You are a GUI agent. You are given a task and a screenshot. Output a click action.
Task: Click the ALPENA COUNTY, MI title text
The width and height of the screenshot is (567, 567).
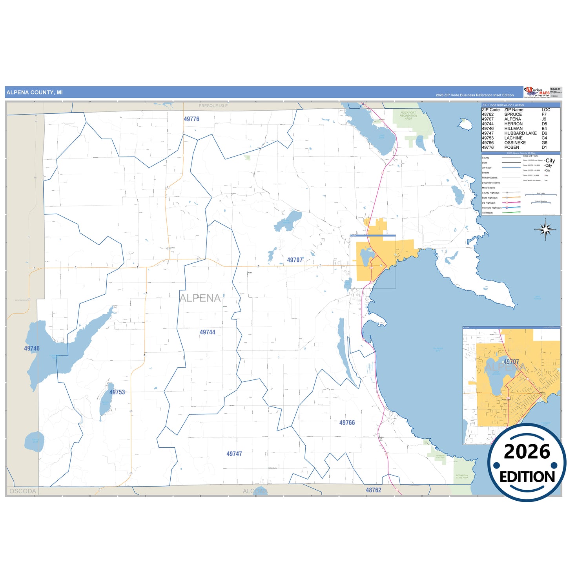pyautogui.click(x=35, y=93)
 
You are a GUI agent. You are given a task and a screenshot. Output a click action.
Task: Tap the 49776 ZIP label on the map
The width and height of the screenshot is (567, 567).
pyautogui.click(x=191, y=119)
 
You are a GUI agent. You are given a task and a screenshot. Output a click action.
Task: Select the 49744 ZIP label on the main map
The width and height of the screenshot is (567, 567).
pyautogui.click(x=207, y=332)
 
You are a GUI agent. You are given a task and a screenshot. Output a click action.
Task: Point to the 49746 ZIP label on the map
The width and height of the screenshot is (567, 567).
pyautogui.click(x=32, y=348)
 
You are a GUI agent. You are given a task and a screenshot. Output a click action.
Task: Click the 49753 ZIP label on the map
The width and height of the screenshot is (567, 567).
pyautogui.click(x=117, y=392)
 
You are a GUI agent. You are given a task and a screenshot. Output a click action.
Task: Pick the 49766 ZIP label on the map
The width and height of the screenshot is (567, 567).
pyautogui.click(x=347, y=423)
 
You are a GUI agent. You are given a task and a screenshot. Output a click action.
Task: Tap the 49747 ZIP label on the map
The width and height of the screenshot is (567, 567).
pyautogui.click(x=234, y=454)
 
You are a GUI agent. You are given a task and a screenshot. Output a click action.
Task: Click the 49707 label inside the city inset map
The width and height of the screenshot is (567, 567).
pyautogui.click(x=511, y=361)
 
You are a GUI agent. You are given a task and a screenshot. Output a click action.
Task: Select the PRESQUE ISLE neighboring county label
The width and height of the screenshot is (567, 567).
pyautogui.click(x=213, y=106)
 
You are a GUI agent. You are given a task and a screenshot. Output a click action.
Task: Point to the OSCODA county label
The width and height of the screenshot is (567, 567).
pyautogui.click(x=23, y=491)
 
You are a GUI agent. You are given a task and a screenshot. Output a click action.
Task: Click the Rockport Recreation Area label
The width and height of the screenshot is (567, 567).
pyautogui.click(x=408, y=115)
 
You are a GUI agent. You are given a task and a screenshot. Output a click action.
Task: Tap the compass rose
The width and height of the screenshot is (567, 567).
pyautogui.click(x=545, y=230)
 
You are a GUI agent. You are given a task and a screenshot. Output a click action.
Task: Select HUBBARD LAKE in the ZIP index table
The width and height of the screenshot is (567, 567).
pyautogui.click(x=520, y=133)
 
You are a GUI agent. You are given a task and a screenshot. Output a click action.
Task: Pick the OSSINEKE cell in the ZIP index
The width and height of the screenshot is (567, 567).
pyautogui.click(x=515, y=143)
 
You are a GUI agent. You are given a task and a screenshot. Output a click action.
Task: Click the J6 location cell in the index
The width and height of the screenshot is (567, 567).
pyautogui.click(x=544, y=119)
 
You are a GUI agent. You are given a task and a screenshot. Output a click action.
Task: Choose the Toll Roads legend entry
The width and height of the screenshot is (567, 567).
pyautogui.click(x=487, y=213)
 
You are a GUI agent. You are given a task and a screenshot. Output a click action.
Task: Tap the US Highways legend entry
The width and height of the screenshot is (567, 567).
pyautogui.click(x=489, y=203)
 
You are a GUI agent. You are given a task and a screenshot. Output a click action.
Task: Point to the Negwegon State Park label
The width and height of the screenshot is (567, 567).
pyautogui.click(x=462, y=476)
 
